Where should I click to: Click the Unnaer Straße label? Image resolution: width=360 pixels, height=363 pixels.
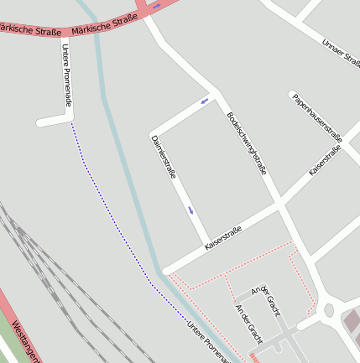pyautogui.click(x=340, y=54)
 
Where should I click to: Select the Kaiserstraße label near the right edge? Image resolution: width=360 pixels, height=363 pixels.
pyautogui.click(x=326, y=159)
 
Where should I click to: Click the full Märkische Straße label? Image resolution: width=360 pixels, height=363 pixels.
pyautogui.click(x=105, y=25)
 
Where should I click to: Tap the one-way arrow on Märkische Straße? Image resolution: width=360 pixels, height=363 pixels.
pyautogui.click(x=157, y=5)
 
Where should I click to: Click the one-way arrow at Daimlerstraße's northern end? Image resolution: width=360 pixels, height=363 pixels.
pyautogui.click(x=204, y=102)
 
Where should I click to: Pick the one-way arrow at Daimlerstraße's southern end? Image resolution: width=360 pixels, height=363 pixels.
pyautogui.click(x=191, y=210)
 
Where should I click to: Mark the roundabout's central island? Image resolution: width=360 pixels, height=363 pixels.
pyautogui.click(x=329, y=310)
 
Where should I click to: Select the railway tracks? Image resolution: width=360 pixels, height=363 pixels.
pyautogui.click(x=50, y=268)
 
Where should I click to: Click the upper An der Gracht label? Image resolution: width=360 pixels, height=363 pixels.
pyautogui.click(x=263, y=296)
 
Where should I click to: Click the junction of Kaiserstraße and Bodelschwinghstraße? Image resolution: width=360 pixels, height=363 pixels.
pyautogui.click(x=279, y=203)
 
